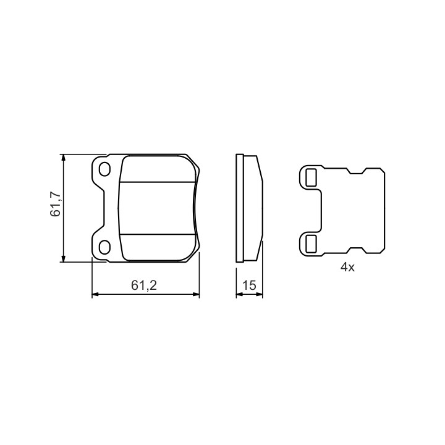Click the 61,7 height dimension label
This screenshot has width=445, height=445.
coord(55,204)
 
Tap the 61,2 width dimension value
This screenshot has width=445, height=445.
coord(144,285)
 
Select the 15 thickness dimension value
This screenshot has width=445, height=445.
coord(249,285)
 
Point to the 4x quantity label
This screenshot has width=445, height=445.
coord(347,267)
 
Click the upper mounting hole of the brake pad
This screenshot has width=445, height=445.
coord(104,169)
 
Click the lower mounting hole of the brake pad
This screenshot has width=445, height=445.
coord(104,247)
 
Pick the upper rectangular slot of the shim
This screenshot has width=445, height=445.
coord(311,177)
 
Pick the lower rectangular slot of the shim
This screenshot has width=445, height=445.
coord(311,244)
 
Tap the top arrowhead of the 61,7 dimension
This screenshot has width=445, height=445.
coord(64,158)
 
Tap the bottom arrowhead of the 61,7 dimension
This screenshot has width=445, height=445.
coord(64,258)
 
